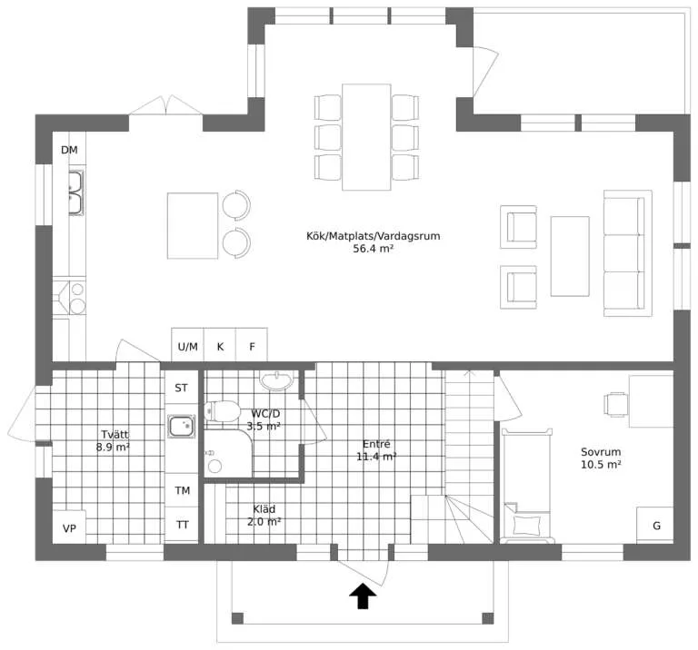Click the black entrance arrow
[x=363, y=596]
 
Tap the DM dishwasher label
[x=69, y=151]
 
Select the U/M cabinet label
[x=187, y=347]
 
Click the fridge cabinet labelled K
[x=220, y=346]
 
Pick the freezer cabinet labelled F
[x=252, y=346]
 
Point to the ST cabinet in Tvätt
[x=181, y=388]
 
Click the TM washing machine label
[x=183, y=490]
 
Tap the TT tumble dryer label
[x=183, y=525]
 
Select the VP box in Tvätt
[x=69, y=527]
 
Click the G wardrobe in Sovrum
[x=654, y=525]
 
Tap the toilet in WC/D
[x=223, y=411]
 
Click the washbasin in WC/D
[x=277, y=380]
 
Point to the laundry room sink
[x=181, y=426]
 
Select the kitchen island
[x=193, y=225]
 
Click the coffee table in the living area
[x=570, y=256]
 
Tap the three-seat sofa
[x=628, y=253]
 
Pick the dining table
[x=366, y=137]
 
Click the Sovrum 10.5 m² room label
[x=601, y=458]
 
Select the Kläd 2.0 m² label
[x=264, y=516]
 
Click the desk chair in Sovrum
[x=615, y=404]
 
